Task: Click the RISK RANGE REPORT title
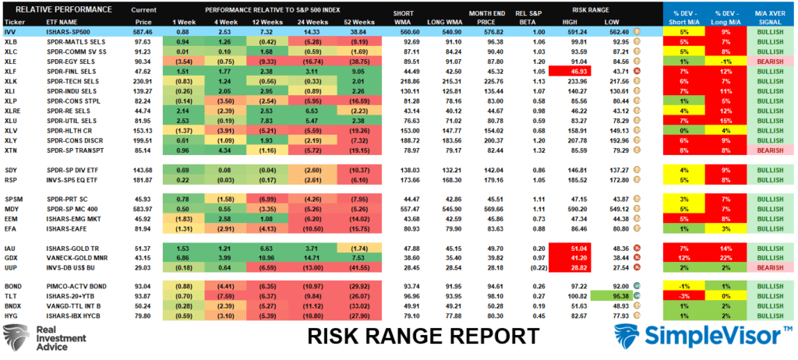pos(424,336)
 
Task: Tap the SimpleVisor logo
pos(698,337)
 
